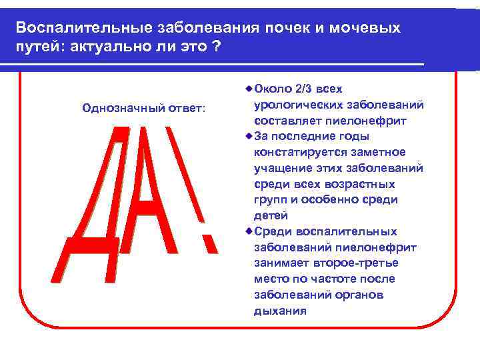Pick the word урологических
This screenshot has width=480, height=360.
tap(297, 105)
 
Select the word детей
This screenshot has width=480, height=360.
tap(271, 215)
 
